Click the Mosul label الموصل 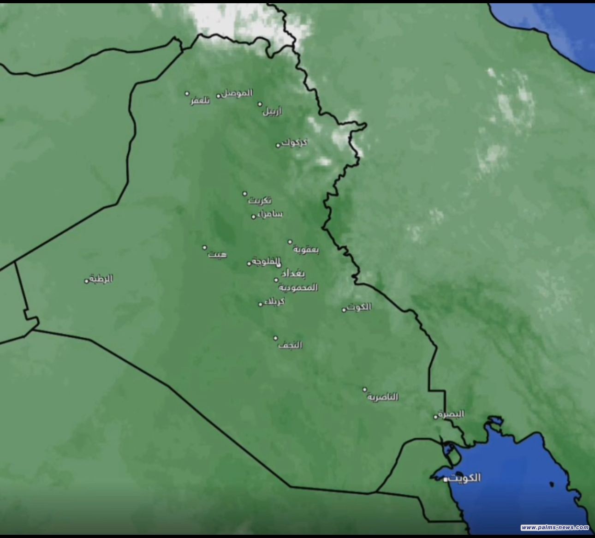[237, 93]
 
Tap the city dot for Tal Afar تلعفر [187, 94]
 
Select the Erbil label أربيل [272, 111]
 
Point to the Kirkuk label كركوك [295, 143]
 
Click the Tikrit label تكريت [260, 201]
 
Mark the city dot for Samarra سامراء [253, 216]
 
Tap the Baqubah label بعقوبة [306, 250]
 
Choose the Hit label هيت [217, 254]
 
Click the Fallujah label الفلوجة [266, 262]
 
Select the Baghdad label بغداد [293, 274]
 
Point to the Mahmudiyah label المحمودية [298, 287]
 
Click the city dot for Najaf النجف [276, 338]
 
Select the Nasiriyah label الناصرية [383, 397]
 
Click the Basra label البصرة [451, 414]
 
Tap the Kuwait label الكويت [464, 478]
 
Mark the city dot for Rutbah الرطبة [86, 281]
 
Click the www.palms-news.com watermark [555, 527]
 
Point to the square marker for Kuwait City [446, 480]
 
